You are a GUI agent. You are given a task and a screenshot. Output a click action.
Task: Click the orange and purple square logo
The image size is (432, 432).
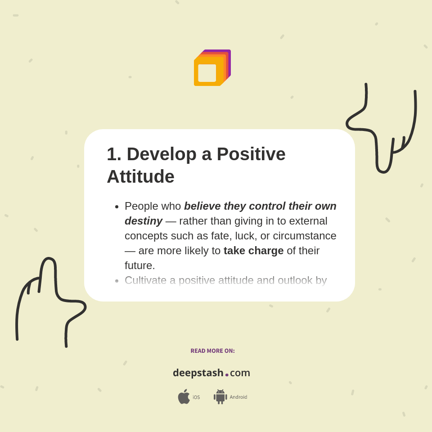(x=212, y=68)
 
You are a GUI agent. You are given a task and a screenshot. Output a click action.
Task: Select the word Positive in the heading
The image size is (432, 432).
(x=251, y=154)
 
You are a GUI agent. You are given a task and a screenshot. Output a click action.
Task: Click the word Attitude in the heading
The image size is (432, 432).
(x=140, y=176)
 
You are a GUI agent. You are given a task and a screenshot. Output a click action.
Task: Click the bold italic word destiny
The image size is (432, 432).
(x=144, y=221)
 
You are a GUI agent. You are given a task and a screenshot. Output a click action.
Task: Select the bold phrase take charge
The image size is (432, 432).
(x=253, y=251)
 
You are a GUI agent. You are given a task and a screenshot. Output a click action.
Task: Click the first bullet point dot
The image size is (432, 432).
(x=117, y=207)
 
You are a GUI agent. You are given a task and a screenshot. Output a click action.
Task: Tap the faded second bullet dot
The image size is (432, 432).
(x=117, y=281)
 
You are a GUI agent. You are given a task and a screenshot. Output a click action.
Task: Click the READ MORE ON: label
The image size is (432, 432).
(x=212, y=351)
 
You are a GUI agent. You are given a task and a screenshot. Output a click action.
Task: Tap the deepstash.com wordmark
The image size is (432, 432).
(x=211, y=373)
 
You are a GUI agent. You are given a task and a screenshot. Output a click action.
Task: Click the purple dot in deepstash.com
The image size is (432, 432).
(x=227, y=375)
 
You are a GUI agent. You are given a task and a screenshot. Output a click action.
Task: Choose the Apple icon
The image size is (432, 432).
(x=184, y=396)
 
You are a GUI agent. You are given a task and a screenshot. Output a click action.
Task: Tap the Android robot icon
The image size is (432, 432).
(x=220, y=396)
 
